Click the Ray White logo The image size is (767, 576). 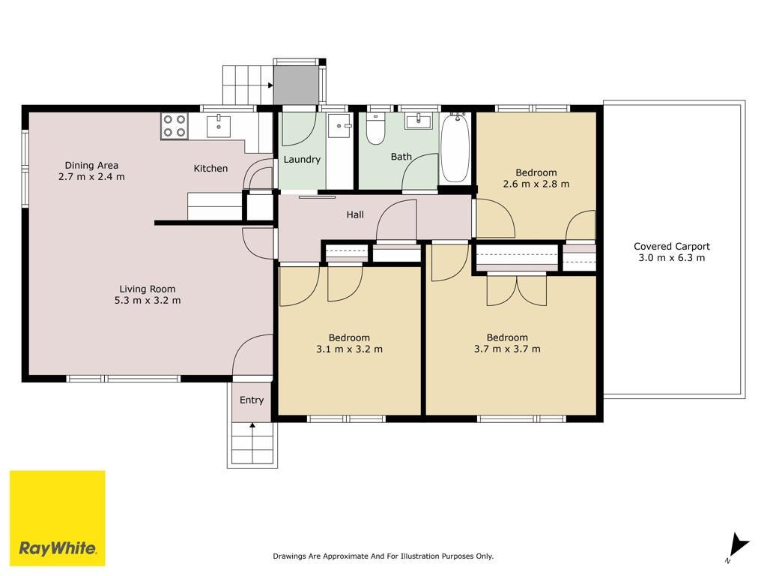[x=57, y=518]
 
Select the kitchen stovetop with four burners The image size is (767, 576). [x=175, y=125]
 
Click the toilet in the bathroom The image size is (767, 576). [x=376, y=129]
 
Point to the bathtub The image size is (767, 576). [x=455, y=148]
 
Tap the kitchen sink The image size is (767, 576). [x=219, y=126]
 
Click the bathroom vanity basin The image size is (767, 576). [x=418, y=121]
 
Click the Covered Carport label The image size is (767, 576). [x=672, y=246]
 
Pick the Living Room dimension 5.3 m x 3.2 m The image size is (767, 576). [x=148, y=300]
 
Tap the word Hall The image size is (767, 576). [x=355, y=214]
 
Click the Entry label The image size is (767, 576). [x=252, y=400]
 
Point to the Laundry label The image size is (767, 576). [x=302, y=160]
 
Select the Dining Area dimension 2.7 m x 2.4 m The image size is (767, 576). [x=91, y=177]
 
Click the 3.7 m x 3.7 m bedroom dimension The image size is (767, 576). [x=507, y=349]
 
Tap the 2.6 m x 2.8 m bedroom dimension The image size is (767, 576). [x=536, y=184]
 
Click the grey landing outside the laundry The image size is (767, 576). [x=295, y=85]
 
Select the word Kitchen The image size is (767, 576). [x=210, y=169]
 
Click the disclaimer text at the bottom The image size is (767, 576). [x=383, y=556]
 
